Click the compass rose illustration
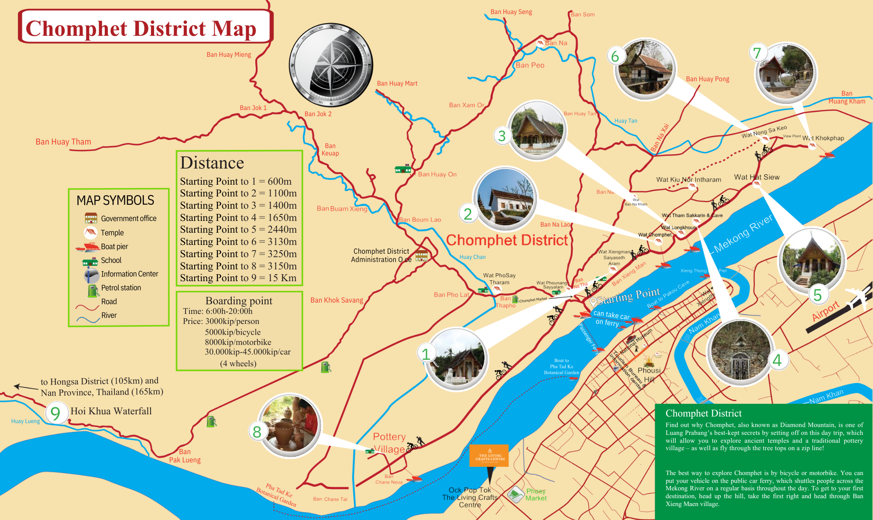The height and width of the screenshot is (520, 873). (x=331, y=65)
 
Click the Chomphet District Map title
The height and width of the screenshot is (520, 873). (x=141, y=28)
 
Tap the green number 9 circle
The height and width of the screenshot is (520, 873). (x=55, y=413)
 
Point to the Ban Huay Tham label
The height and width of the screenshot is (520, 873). (x=63, y=142)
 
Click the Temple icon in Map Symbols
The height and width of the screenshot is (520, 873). (x=90, y=232)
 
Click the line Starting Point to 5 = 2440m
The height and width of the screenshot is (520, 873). (x=238, y=230)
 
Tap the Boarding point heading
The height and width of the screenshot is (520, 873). (x=239, y=301)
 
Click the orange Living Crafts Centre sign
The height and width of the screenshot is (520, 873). (x=489, y=455)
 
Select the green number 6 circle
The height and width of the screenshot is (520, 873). (x=615, y=56)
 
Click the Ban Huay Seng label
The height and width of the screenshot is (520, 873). (x=511, y=12)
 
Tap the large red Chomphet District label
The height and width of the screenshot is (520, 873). (x=507, y=240)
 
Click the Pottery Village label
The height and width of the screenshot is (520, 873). (x=389, y=443)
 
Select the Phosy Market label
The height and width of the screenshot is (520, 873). (x=536, y=495)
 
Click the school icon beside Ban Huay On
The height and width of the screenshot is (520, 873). (x=402, y=169)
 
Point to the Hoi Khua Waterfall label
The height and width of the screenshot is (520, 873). (x=111, y=411)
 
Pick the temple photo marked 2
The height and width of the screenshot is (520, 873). (x=506, y=199)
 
